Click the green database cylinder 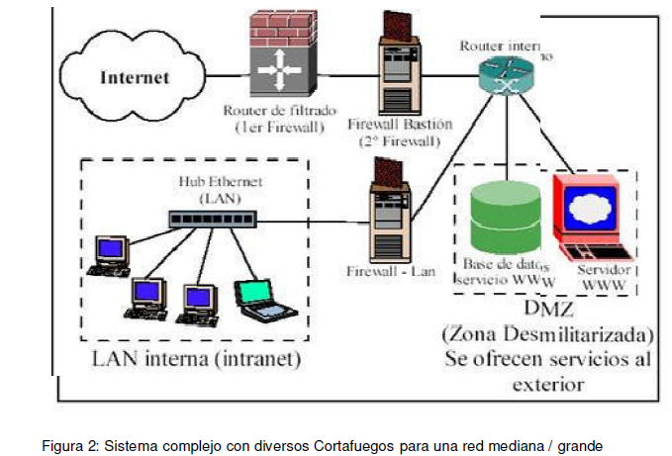pos(506,217)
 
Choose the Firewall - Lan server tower pos(384,221)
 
